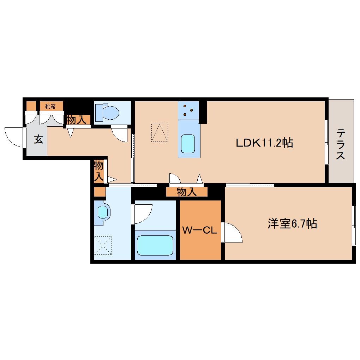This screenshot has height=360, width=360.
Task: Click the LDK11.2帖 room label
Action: pyautogui.click(x=264, y=143)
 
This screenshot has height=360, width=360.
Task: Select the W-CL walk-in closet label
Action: pyautogui.click(x=199, y=230)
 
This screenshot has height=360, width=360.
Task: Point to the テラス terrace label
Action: pyautogui.click(x=341, y=144)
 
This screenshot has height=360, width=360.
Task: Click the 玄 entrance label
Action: pyautogui.click(x=38, y=140)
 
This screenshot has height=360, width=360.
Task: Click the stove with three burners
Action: pyautogui.click(x=188, y=110)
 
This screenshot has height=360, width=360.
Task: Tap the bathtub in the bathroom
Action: pyautogui.click(x=155, y=245)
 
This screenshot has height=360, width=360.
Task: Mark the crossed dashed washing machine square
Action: pyautogui.click(x=103, y=245)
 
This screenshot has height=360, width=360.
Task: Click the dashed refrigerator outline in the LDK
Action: pyautogui.click(x=160, y=132)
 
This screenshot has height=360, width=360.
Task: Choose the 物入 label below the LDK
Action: pyautogui.click(x=187, y=192)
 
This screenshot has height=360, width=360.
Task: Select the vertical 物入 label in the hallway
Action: pyautogui.click(x=99, y=171)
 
